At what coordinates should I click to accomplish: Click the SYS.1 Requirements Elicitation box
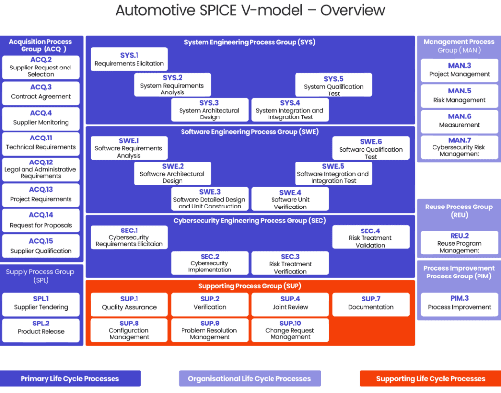point(129,59)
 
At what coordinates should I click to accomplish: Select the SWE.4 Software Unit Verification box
point(290,199)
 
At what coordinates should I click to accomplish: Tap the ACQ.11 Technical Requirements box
point(41,143)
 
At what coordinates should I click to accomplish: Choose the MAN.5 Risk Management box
point(459,95)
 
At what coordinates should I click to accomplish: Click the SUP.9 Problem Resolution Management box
point(209,330)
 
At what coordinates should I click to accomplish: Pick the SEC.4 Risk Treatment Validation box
point(370,237)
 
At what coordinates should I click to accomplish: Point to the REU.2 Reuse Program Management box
point(459,243)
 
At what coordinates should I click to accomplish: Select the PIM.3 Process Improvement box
point(459,303)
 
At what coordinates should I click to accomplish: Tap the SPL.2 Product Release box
point(41,327)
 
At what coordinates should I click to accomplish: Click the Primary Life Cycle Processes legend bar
point(70,378)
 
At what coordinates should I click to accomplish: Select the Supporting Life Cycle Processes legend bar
point(431,378)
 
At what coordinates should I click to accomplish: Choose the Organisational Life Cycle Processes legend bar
point(250,378)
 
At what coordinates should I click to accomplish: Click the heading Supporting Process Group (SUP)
point(250,286)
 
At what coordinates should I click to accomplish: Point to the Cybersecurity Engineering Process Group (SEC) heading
point(250,221)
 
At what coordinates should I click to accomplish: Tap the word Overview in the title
point(352,10)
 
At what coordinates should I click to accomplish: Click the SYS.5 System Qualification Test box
point(334,86)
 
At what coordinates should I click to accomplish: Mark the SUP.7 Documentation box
point(370,303)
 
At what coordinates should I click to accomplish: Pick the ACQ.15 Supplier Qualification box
point(41,246)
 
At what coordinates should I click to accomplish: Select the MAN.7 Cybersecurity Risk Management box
point(459,147)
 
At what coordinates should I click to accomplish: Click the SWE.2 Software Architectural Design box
point(173,173)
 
